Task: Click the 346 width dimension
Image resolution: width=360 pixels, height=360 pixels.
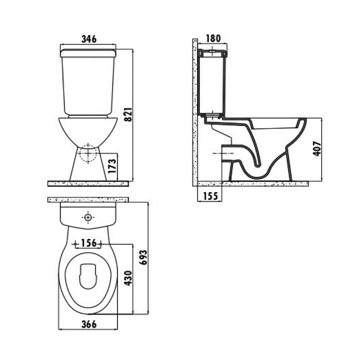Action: coord(89,39)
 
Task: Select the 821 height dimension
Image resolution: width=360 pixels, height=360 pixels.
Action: coord(129,114)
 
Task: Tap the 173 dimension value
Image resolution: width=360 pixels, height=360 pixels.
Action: coord(112,166)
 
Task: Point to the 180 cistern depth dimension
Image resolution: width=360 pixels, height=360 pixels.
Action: coord(213,38)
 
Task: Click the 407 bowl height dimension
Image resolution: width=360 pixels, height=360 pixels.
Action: coord(317,148)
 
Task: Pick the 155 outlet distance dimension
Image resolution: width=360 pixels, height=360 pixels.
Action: coord(210,196)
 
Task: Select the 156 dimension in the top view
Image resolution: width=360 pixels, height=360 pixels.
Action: coord(89,243)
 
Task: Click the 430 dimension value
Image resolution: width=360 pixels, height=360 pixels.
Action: coord(129,278)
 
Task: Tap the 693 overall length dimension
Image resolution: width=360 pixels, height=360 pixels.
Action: coord(144,257)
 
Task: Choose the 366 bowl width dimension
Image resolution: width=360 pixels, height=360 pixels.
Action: coord(89,324)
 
